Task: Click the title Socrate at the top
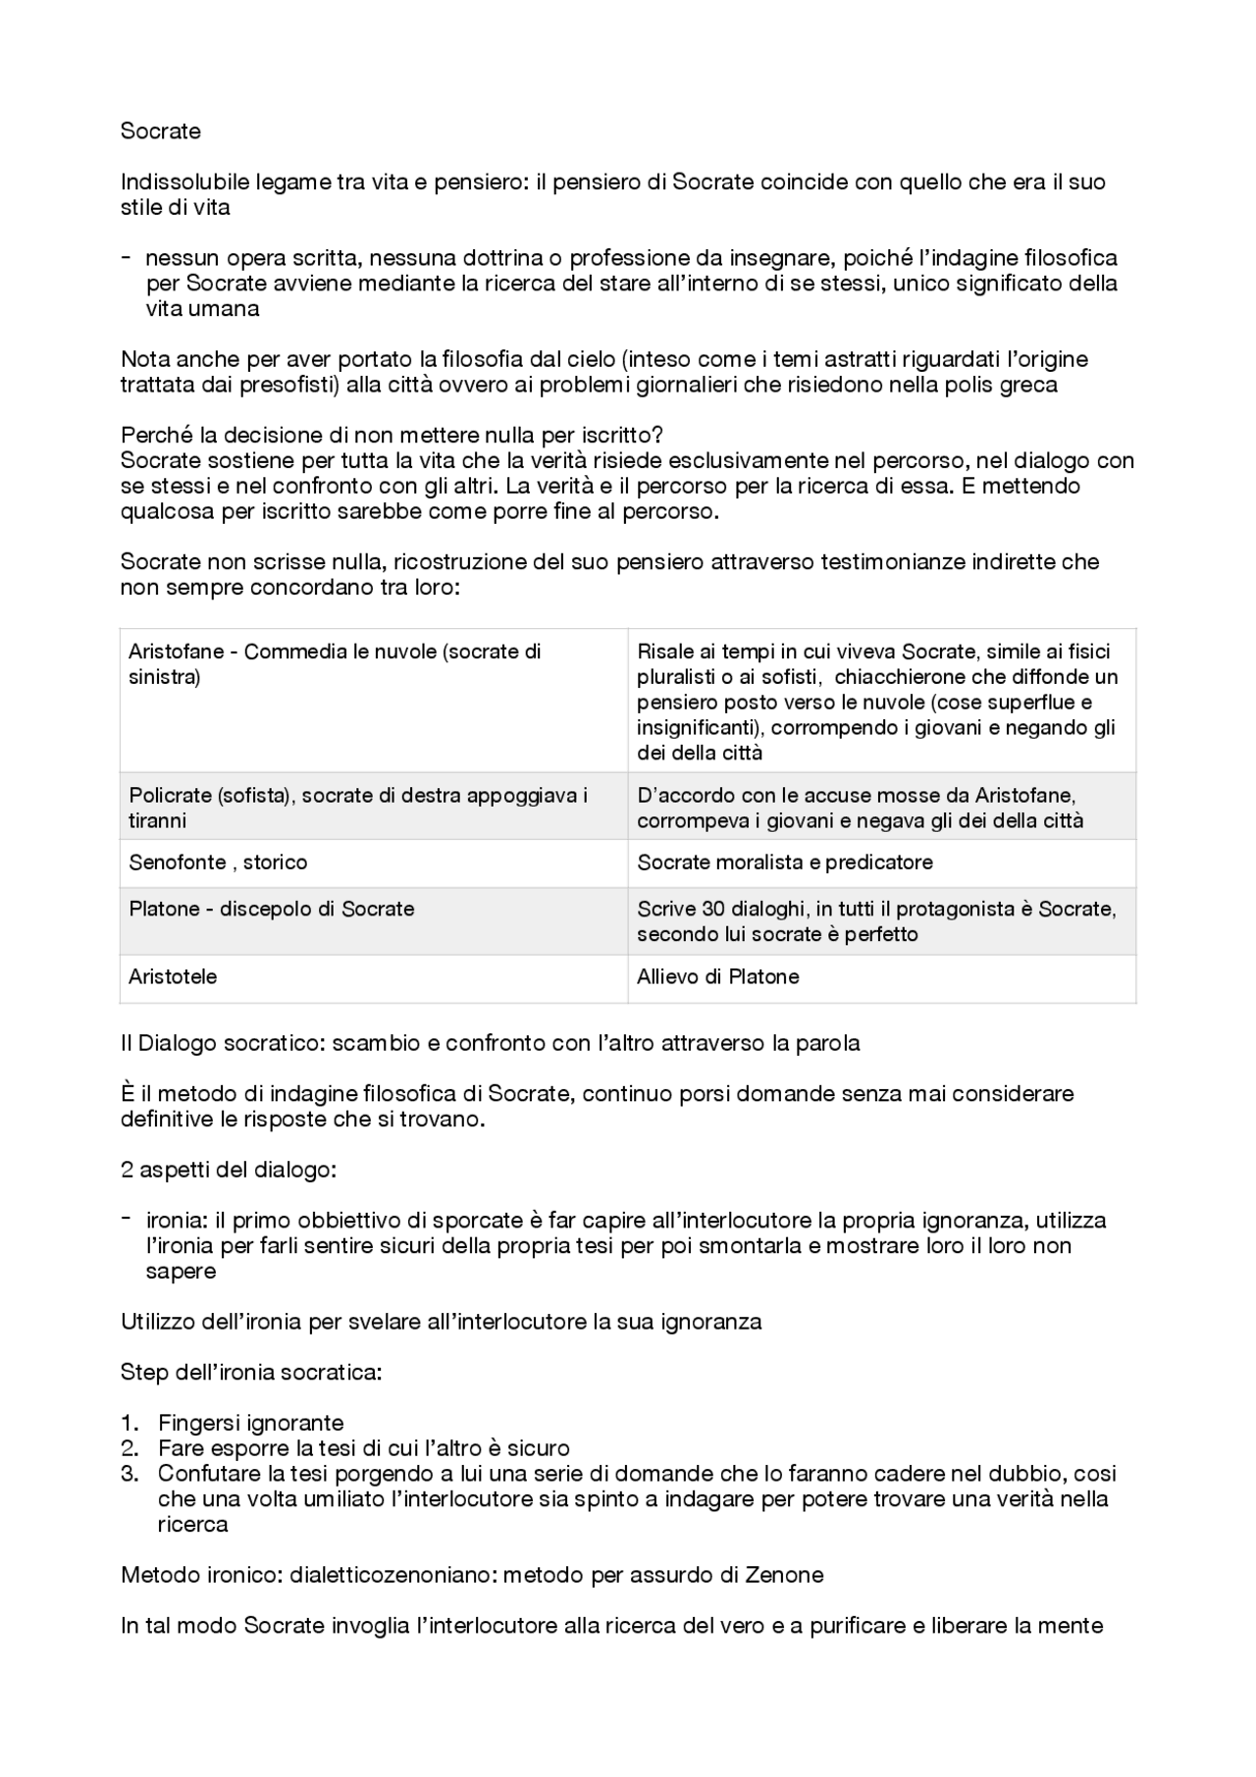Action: point(160,131)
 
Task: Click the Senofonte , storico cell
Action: point(218,862)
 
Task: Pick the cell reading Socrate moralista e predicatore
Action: point(785,862)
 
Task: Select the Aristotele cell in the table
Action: point(173,976)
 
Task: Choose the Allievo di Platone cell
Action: point(718,976)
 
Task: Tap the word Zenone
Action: point(786,1576)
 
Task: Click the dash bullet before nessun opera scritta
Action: point(127,258)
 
